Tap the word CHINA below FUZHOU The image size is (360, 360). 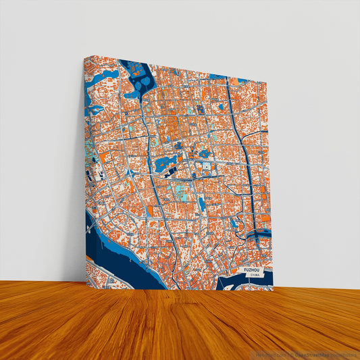(x=254, y=276)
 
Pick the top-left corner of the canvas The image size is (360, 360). (x=86, y=57)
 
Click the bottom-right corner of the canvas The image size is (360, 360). (x=273, y=288)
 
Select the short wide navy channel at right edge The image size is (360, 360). (x=259, y=234)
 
